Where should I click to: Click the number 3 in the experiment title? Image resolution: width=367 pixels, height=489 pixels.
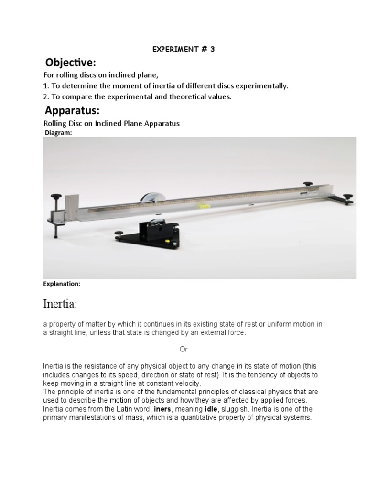(x=212, y=49)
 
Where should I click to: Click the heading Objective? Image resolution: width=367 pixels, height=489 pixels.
(x=70, y=63)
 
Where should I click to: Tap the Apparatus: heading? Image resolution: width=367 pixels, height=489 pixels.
(x=72, y=111)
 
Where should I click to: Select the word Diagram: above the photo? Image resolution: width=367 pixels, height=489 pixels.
(x=58, y=133)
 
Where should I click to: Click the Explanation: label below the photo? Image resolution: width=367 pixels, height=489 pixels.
(x=62, y=284)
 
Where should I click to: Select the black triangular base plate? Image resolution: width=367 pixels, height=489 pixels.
(x=148, y=235)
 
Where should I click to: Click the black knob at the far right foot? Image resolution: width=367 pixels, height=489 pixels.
(x=348, y=196)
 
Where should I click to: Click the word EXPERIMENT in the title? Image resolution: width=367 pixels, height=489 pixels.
(x=174, y=49)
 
